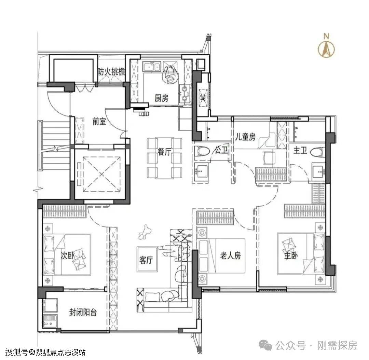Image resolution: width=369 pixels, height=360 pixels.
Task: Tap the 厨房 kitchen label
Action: click(162, 98)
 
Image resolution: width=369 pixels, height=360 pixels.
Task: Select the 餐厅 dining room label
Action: click(164, 152)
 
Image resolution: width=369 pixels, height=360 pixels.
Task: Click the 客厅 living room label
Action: click(146, 260)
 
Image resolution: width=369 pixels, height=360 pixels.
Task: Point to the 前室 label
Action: click(99, 122)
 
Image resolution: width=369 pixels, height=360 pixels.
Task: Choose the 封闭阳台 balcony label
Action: click(83, 312)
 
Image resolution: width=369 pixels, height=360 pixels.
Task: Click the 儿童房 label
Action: click(245, 137)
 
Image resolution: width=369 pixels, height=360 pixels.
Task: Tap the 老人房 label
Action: click(231, 255)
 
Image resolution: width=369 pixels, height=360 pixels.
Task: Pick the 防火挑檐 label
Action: click(111, 72)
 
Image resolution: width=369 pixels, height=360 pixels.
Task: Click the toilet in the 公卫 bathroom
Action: click(202, 151)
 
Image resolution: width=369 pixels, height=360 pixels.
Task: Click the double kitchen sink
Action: click(152, 67)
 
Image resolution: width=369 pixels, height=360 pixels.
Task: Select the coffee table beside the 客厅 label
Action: click(147, 259)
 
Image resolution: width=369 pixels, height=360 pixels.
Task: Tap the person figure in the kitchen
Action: click(170, 74)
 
